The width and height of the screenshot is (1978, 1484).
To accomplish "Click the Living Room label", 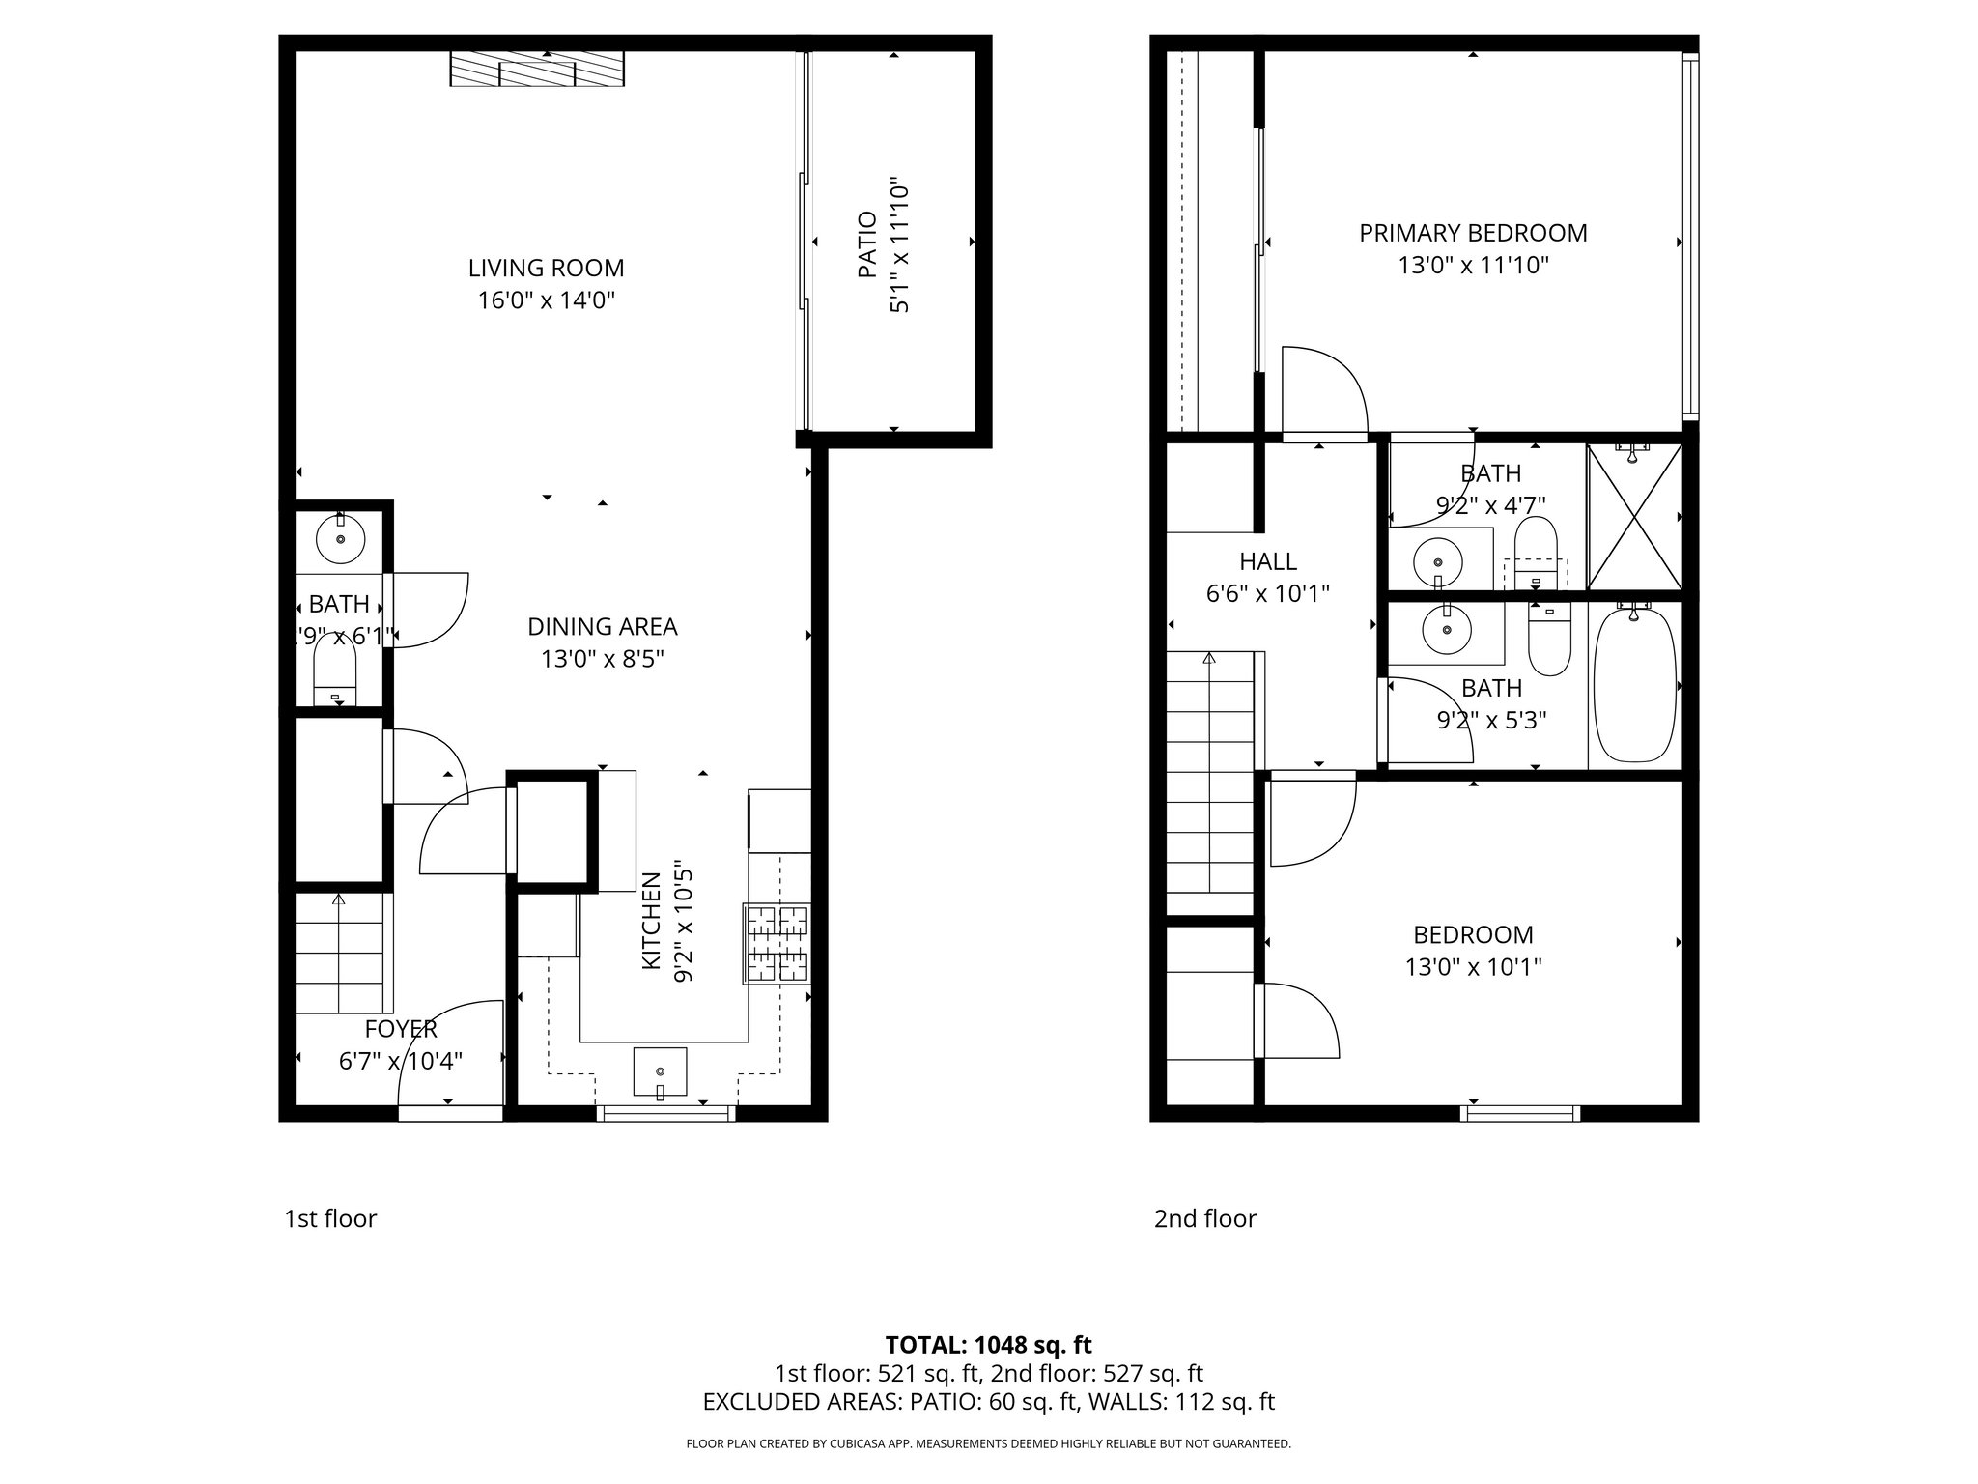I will click(546, 268).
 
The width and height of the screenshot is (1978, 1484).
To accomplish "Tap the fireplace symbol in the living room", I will click(537, 70).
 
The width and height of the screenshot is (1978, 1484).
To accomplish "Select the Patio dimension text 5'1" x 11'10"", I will click(900, 244).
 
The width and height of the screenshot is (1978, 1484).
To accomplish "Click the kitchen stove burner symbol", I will click(776, 943).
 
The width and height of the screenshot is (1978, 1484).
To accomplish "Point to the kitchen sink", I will click(660, 1071).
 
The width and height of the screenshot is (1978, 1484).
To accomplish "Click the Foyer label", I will click(401, 1029).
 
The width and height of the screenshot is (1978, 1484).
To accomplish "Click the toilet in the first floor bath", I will click(335, 673).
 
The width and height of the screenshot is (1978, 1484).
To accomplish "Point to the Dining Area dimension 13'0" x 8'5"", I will click(602, 660).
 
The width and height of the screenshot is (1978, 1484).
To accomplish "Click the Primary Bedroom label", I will click(1473, 233).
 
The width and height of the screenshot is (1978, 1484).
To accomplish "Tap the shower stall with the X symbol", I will click(1634, 518).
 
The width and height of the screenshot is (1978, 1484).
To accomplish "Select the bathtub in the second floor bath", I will click(1634, 684).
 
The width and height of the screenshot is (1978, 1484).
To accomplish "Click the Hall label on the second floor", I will click(1267, 561).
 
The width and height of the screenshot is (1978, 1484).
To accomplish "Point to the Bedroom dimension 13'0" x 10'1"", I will click(1473, 967).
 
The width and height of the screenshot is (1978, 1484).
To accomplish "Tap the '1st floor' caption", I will click(330, 1219).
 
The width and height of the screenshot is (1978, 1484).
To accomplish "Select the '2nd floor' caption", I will click(1204, 1219).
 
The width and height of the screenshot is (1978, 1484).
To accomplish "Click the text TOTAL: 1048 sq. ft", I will click(988, 1345).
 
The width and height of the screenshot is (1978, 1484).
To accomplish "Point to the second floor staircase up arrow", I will click(1209, 661).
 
